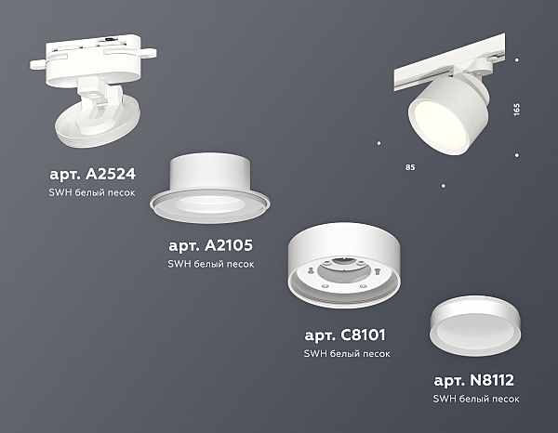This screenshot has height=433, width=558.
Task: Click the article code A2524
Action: coord(111,174)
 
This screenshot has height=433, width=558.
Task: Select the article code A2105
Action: coord(229,245)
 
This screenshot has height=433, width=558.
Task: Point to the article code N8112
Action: coord(492,380)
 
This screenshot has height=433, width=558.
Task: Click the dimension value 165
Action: coord(517,109)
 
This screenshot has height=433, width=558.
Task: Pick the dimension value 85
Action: coord(410,167)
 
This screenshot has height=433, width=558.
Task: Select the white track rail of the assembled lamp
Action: coord(449,65)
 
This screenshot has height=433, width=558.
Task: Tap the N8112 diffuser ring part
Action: coord(475,326)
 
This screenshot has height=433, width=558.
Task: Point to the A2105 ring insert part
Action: coord(209,189)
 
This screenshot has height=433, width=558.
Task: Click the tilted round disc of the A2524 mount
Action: coord(98,123)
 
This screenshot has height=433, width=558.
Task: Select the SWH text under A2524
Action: coord(60,192)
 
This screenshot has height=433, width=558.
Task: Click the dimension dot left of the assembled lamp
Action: coord(379,143)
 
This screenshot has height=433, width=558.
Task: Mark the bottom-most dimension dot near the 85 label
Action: coord(443,186)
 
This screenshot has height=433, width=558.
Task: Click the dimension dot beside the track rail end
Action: coord(517,60)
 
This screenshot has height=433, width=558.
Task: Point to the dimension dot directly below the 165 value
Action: coord(517,155)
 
